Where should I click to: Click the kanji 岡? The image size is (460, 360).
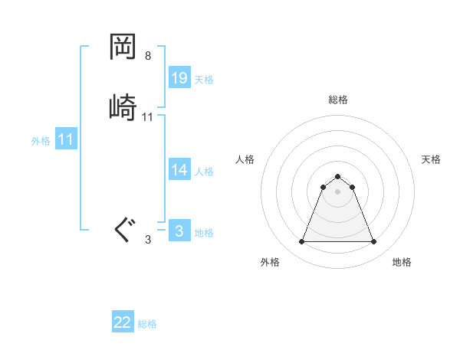pos(124,47)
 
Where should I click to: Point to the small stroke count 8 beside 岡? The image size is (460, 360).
pos(148,56)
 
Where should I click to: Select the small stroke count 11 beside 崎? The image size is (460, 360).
pos(148,117)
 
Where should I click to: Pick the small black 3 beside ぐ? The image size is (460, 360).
pos(148,240)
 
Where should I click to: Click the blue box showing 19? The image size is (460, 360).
pos(179,78)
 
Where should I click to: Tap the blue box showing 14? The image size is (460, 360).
pos(179,170)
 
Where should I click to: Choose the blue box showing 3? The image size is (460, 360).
pos(179,231)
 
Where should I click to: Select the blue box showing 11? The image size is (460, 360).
pos(66,139)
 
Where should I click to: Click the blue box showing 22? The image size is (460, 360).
pos(123,322)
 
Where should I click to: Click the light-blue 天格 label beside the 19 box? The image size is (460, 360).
pos(204,80)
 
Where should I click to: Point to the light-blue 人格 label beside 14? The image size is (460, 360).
pos(204,172)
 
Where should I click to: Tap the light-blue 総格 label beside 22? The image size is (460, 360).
pos(147,324)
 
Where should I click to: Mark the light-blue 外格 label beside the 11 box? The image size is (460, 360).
pos(41,141)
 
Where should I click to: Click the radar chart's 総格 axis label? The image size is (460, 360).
pos(338,100)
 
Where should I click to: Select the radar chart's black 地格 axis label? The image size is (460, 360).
pos(402,262)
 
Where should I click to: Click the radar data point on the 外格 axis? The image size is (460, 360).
pos(301,242)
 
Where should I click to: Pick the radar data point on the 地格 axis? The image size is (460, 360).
pos(373,242)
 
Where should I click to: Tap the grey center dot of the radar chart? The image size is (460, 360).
pos(337,191)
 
